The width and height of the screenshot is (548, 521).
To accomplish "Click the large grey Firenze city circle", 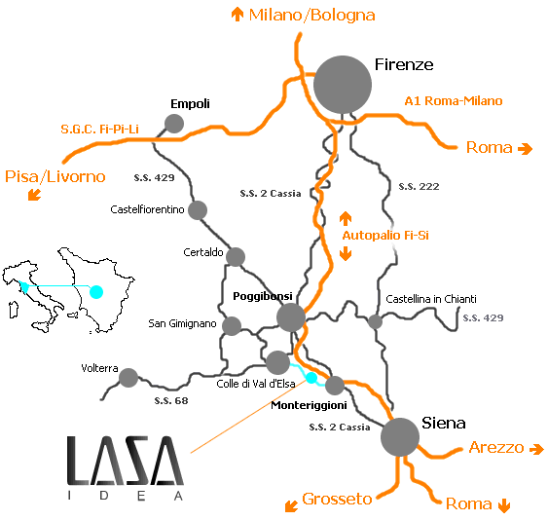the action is click(x=343, y=85).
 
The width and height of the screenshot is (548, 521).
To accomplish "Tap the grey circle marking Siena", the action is click(x=400, y=437).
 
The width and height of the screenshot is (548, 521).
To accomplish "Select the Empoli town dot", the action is click(x=174, y=124).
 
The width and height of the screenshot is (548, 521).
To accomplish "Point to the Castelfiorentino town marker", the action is click(x=198, y=210).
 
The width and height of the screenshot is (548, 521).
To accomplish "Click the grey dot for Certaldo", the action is click(x=236, y=257).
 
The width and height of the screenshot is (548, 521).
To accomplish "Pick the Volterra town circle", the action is click(x=128, y=378).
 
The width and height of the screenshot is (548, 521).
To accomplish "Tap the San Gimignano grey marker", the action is click(x=232, y=326).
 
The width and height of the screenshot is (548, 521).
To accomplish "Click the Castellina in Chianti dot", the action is click(x=376, y=321).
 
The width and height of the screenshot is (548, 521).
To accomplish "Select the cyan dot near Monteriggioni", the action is click(x=311, y=378).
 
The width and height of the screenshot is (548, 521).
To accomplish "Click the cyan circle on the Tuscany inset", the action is click(x=96, y=291).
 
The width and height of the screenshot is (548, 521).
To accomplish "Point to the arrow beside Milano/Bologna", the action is click(x=237, y=15).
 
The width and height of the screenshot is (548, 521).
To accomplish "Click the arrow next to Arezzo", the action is click(x=536, y=449).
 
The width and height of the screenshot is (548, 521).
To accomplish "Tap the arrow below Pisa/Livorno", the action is click(x=35, y=195).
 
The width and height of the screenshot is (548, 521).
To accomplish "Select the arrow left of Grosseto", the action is click(x=291, y=506).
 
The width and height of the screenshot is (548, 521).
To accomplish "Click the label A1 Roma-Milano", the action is click(x=454, y=101).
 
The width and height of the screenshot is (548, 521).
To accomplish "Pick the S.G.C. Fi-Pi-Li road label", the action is click(x=99, y=129).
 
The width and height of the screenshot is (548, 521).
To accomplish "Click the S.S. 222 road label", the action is click(x=420, y=186).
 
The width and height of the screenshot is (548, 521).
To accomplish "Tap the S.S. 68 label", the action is click(x=171, y=400).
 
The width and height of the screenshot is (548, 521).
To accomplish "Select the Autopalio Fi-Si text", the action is click(x=385, y=236).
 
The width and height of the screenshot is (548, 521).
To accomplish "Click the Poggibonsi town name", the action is click(x=263, y=296).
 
